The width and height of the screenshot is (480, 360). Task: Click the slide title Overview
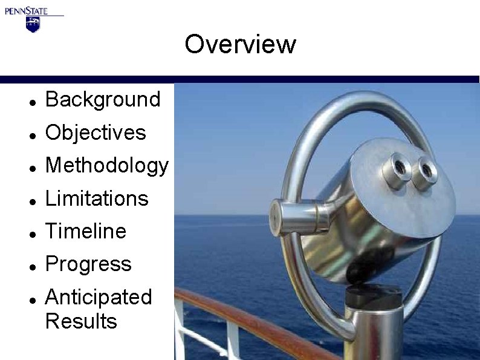240,44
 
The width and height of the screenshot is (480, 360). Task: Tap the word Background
103,99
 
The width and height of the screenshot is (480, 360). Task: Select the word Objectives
96,133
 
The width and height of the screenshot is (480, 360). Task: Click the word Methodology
107,166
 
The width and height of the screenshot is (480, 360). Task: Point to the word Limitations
97,198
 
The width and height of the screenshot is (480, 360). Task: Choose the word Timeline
86,231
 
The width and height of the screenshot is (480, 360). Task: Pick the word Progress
88,264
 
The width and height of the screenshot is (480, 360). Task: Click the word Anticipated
99,297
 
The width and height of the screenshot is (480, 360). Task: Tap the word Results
81,321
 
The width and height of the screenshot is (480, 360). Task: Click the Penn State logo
33,18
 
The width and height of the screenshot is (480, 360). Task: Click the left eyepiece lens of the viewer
399,165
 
